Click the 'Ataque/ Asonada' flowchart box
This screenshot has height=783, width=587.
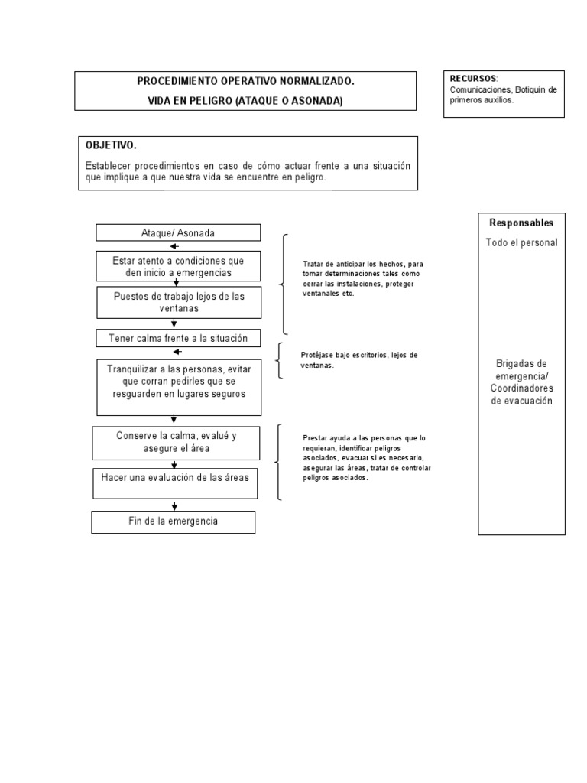pyautogui.click(x=178, y=232)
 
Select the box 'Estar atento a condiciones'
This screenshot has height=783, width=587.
pyautogui.click(x=178, y=266)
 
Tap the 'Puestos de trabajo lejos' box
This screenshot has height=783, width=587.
pyautogui.click(x=178, y=302)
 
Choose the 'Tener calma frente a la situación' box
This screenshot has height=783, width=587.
pyautogui.click(x=178, y=338)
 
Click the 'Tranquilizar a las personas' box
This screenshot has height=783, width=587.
pyautogui.click(x=177, y=381)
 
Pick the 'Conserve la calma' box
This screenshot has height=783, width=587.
pyautogui.click(x=177, y=442)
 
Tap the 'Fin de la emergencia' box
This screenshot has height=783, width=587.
pyautogui.click(x=174, y=521)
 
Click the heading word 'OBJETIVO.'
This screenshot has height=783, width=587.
pyautogui.click(x=112, y=145)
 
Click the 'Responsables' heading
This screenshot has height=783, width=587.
pyautogui.click(x=521, y=223)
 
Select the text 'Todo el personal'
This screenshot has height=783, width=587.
pyautogui.click(x=521, y=242)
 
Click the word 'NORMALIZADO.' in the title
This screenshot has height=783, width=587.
pyautogui.click(x=316, y=80)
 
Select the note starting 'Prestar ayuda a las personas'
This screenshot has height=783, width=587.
pyautogui.click(x=366, y=457)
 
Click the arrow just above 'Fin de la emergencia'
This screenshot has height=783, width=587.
pyautogui.click(x=175, y=506)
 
